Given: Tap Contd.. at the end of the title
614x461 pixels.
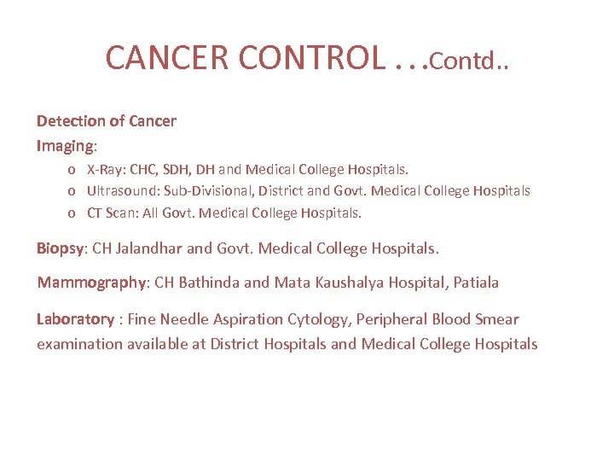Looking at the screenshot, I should click(x=469, y=61).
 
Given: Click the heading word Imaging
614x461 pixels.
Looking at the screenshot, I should click(x=66, y=146).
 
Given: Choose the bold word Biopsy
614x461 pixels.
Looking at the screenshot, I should click(x=60, y=249).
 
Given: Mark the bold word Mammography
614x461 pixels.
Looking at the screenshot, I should click(x=92, y=283).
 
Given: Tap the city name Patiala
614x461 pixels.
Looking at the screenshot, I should click(x=476, y=283).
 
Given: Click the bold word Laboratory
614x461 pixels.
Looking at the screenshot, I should click(x=75, y=319).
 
